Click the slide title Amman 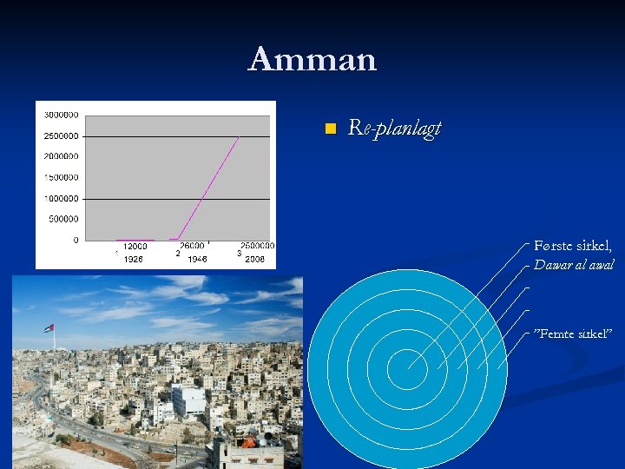pos(312,60)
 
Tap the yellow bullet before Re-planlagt pos(329,129)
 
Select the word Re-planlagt pos(394,129)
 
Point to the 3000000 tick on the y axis pos(61,115)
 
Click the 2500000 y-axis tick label pos(61,135)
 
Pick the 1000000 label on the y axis pos(61,198)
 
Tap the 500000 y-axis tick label pos(63,219)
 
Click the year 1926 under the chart pos(133,259)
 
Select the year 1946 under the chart pos(197,259)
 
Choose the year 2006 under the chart pos(254,259)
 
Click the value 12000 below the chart pos(135,247)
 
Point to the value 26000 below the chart pos(193,247)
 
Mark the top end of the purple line pos(239,136)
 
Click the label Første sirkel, pos(573,246)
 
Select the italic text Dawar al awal pos(574,265)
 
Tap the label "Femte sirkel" pos(573,334)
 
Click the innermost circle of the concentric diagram pos(406,369)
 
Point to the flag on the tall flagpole pos(49,328)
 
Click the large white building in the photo pos(188,400)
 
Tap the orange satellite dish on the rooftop pos(249,442)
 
